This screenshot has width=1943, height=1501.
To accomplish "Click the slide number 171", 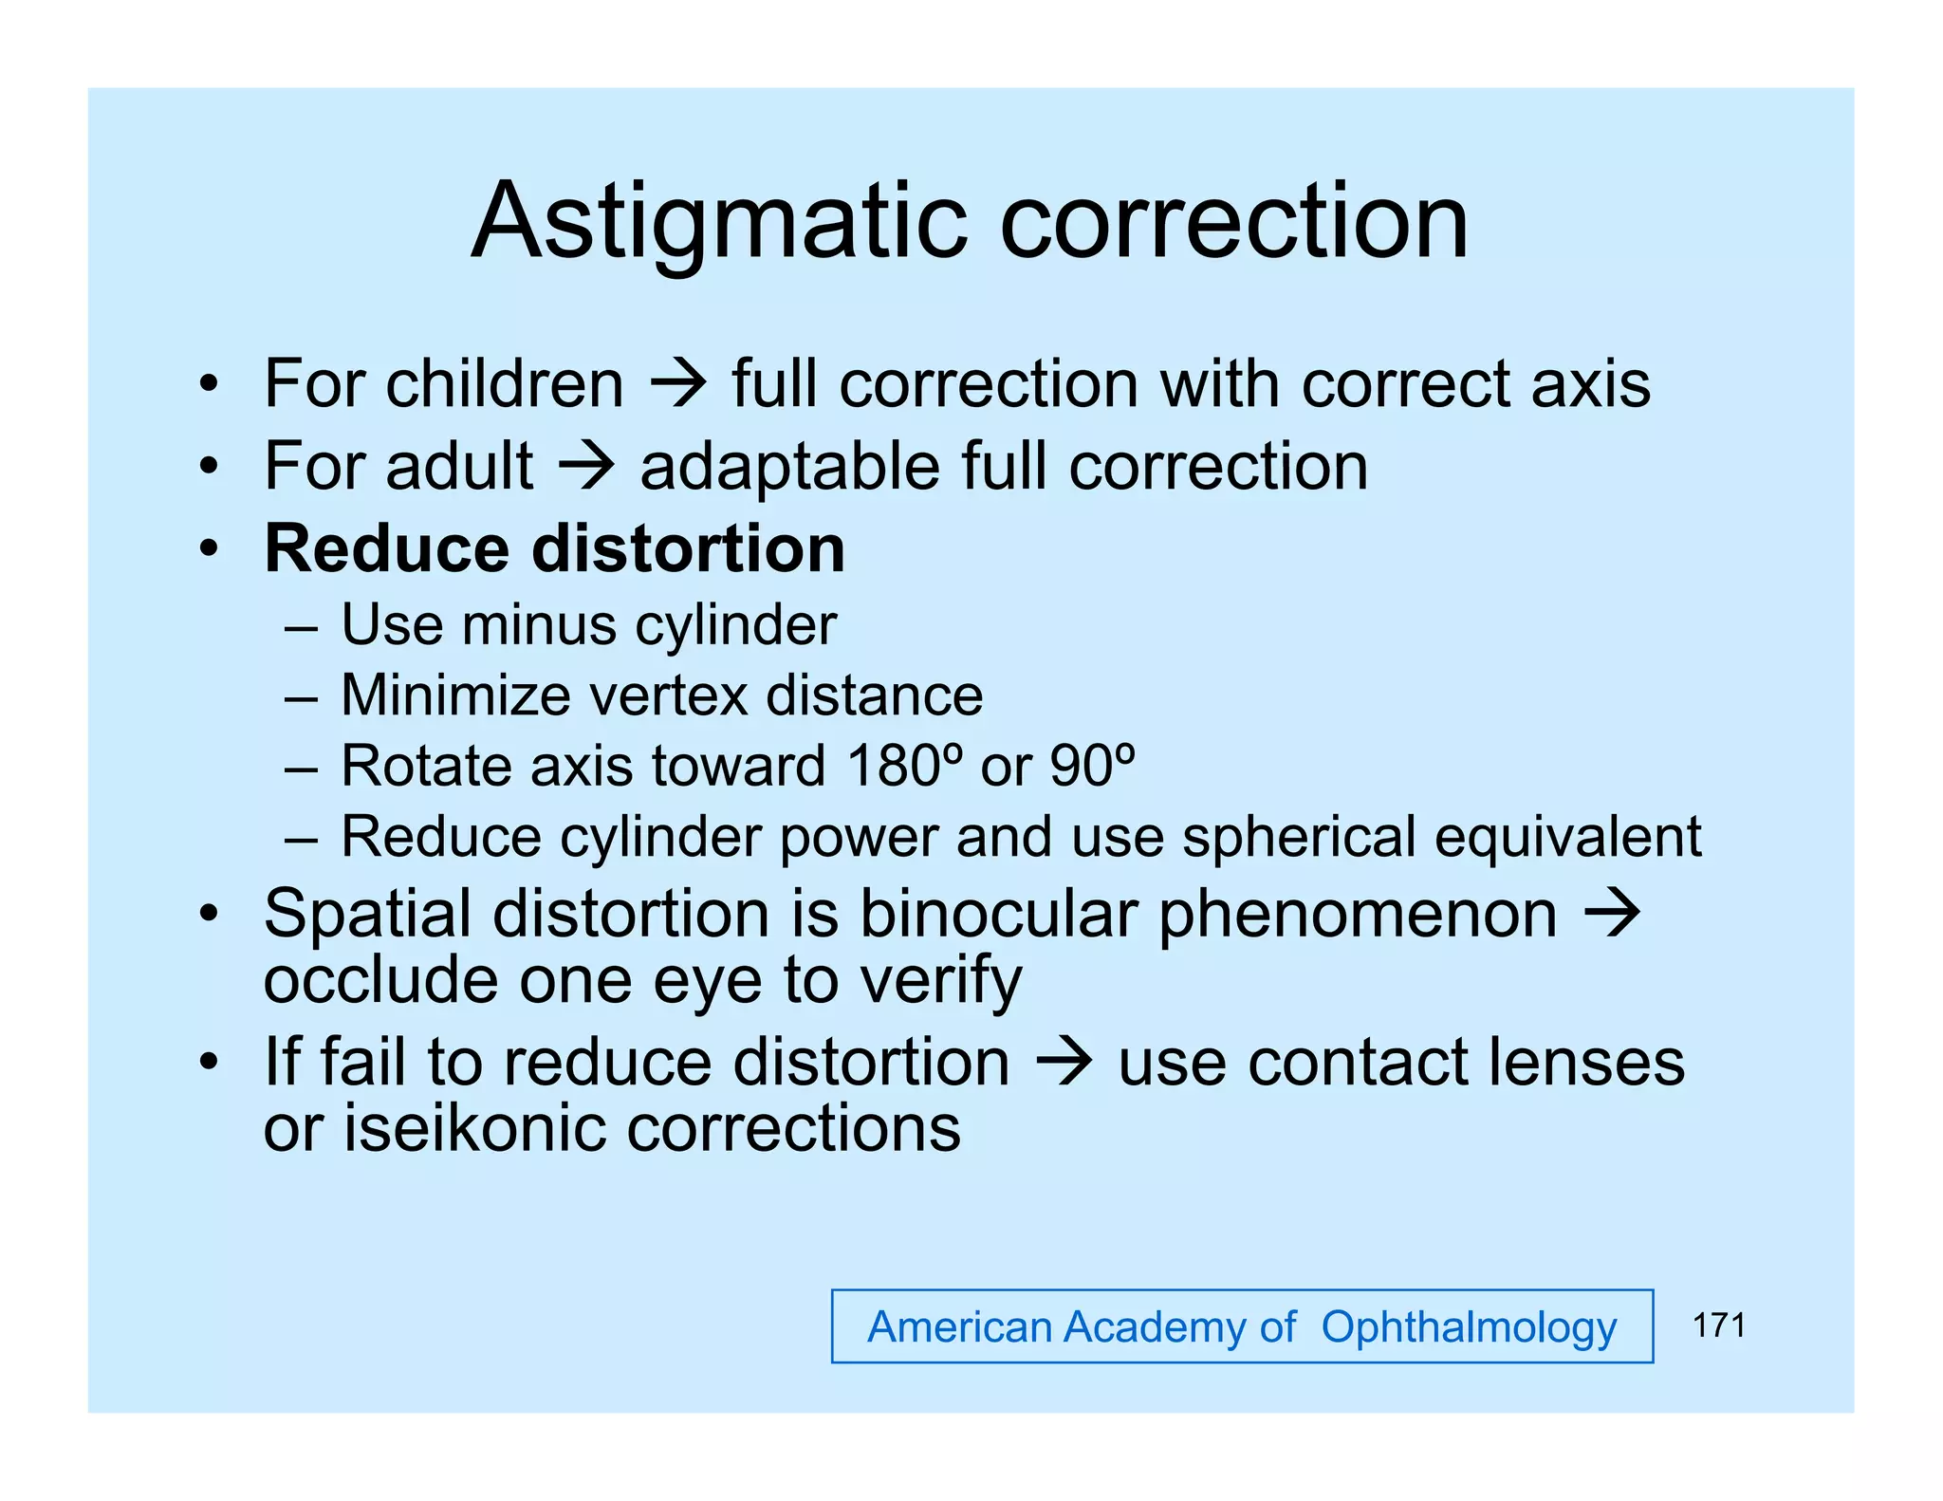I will click(1718, 1325).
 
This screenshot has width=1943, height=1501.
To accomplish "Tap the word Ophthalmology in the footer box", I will click(1469, 1327).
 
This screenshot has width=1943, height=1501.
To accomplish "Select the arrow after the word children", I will click(678, 384).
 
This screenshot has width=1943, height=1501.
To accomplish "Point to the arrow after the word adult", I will click(587, 467).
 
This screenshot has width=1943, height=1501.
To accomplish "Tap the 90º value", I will click(1092, 766).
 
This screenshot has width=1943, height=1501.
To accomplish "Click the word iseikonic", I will click(474, 1128).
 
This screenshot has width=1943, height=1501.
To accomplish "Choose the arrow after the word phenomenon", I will click(1613, 914).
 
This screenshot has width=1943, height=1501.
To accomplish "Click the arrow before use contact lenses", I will click(1064, 1062).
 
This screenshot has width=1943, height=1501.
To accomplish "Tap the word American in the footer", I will click(959, 1327).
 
